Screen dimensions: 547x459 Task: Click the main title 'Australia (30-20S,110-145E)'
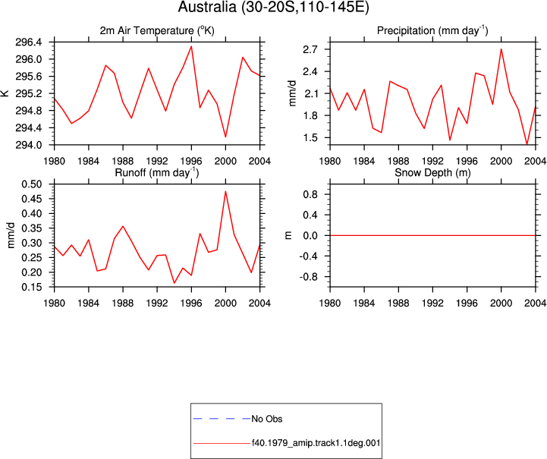[x=273, y=7]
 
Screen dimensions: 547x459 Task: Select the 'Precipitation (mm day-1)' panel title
[x=432, y=30]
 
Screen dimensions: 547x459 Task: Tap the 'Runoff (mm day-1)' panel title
[x=157, y=173]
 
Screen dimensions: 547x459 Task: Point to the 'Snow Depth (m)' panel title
[x=432, y=173]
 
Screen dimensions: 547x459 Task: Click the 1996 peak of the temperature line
[x=191, y=46]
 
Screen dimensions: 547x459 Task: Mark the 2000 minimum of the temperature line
[x=226, y=137]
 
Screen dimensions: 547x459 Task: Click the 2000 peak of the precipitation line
[x=501, y=49]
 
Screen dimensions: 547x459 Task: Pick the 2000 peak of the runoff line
[x=226, y=191]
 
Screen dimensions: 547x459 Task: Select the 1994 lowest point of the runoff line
[x=174, y=283]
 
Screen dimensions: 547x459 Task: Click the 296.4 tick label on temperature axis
[x=28, y=42]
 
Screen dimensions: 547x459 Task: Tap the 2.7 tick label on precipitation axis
[x=310, y=49]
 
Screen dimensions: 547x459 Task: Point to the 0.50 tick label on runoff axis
[x=32, y=184]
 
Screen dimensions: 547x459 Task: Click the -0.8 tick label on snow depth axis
[x=307, y=277]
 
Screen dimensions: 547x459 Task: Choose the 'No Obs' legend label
[x=267, y=419]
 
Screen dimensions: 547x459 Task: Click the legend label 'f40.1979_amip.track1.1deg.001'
[x=316, y=443]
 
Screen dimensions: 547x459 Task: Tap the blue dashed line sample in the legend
[x=222, y=419]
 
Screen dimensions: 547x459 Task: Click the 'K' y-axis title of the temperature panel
[x=5, y=93]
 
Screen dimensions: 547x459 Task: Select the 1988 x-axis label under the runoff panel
[x=123, y=303]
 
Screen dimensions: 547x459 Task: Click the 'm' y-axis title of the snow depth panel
[x=288, y=235]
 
